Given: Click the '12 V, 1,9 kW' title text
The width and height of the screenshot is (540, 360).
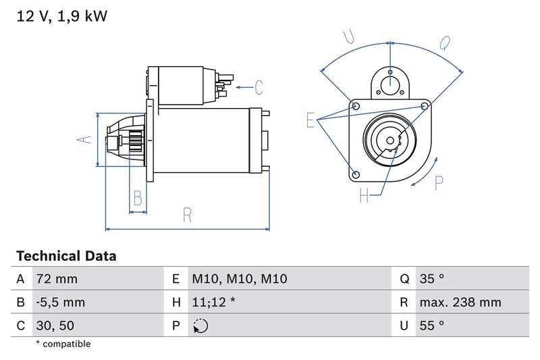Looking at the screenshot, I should [x=61, y=16].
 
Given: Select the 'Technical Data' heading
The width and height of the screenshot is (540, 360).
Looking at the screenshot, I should [x=66, y=257].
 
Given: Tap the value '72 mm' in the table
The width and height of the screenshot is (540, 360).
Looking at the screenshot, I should [x=57, y=279].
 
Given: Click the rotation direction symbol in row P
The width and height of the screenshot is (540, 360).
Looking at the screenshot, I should [x=200, y=326].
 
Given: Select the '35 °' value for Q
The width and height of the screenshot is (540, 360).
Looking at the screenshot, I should [x=431, y=279].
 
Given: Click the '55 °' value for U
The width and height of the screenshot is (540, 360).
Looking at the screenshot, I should [x=431, y=326].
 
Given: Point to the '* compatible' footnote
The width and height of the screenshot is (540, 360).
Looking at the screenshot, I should [x=63, y=344].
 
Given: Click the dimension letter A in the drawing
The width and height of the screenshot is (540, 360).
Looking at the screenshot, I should [x=83, y=140].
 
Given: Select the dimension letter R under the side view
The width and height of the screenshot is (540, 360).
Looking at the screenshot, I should [x=188, y=215].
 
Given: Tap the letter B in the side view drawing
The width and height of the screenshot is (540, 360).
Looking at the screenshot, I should [x=138, y=199].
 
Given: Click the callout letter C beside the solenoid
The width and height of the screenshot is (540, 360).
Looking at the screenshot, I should [x=258, y=87].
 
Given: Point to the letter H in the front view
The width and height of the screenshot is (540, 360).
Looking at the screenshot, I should [x=364, y=196].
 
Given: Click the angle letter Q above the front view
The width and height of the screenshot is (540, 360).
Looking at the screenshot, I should [x=445, y=43].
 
